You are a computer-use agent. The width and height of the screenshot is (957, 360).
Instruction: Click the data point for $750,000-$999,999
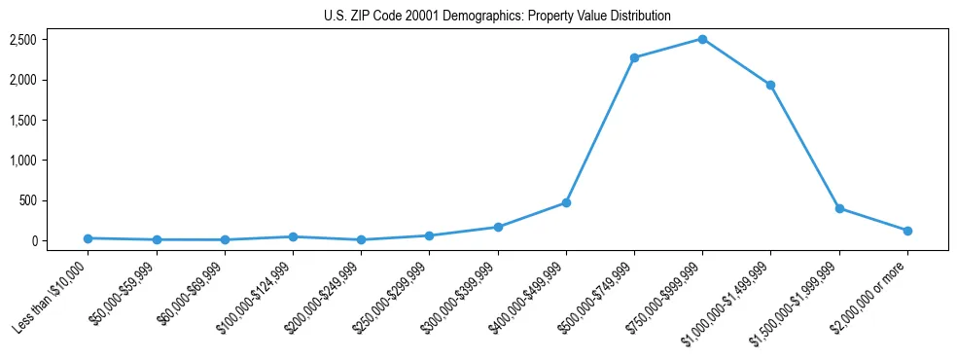[x=702, y=39]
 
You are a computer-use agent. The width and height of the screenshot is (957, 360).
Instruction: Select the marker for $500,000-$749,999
[x=634, y=57]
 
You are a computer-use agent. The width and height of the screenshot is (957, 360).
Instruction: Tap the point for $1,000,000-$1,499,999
[x=770, y=85]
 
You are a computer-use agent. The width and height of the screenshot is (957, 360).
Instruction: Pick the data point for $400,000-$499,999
[x=566, y=202]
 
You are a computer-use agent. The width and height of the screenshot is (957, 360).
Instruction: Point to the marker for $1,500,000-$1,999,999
[x=839, y=208]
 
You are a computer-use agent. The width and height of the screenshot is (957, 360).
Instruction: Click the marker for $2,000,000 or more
[x=907, y=231]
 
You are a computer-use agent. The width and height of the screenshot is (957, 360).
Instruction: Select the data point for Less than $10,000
[x=89, y=238]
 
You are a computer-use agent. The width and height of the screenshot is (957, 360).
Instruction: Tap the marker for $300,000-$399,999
[x=498, y=227]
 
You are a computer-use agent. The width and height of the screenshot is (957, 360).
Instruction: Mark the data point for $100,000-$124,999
[x=293, y=236]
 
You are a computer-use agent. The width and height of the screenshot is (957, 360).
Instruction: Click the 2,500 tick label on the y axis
[x=23, y=40]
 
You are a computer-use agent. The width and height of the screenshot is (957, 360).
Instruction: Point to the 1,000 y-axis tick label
[x=23, y=161]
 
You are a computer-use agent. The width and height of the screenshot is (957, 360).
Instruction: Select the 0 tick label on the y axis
[x=33, y=241]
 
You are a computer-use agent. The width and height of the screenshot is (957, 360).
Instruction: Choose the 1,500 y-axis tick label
[x=23, y=121]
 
